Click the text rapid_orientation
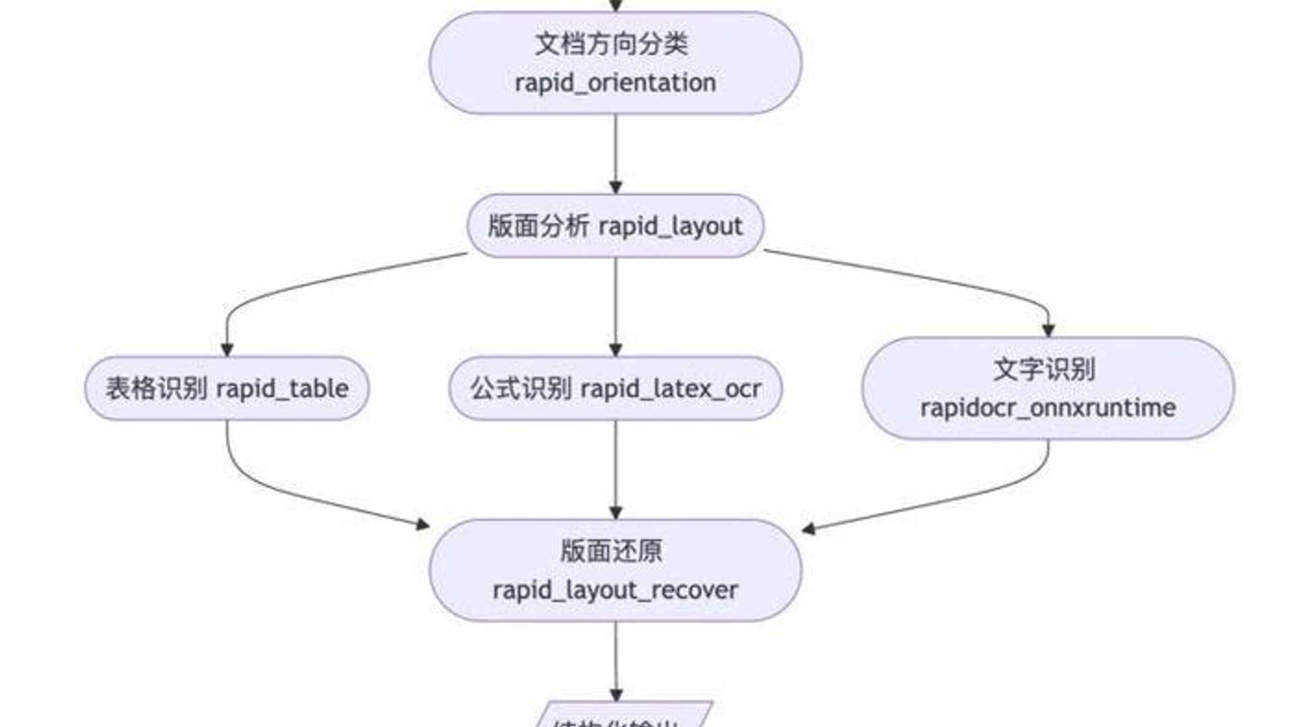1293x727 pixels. tap(615, 83)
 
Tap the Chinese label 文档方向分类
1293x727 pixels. tap(611, 44)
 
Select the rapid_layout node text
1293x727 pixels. tap(670, 227)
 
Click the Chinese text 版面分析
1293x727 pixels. tap(538, 226)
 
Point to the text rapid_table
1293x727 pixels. tap(282, 389)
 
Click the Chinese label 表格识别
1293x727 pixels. tap(156, 388)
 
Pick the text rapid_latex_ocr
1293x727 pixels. tap(670, 389)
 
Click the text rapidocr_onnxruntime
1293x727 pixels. tap(1048, 408)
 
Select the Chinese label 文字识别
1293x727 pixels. tap(1045, 370)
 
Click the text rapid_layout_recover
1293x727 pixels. tap(615, 590)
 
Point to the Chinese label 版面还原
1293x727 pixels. tap(611, 551)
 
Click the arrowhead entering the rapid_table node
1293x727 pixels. tap(227, 349)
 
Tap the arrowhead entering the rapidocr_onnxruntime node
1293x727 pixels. tap(1048, 330)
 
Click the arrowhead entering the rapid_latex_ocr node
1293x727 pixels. tap(616, 349)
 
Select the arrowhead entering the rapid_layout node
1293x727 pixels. tap(616, 186)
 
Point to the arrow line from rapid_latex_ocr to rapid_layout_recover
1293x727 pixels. tap(616, 464)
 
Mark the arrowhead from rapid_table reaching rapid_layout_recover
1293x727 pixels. tap(422, 524)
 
